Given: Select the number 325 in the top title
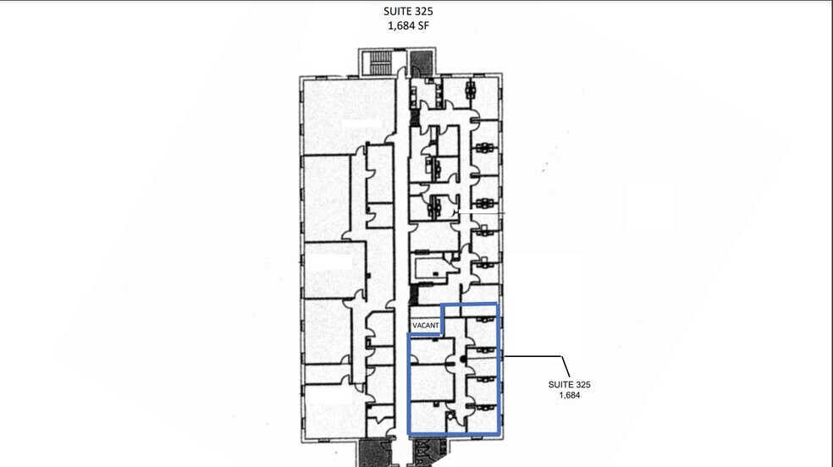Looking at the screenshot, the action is pyautogui.click(x=424, y=11).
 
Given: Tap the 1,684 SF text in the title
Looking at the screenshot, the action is pyautogui.click(x=408, y=25).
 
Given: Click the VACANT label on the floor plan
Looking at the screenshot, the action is pyautogui.click(x=426, y=326).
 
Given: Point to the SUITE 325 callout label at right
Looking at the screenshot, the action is pyautogui.click(x=569, y=385).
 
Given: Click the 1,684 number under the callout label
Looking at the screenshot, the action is pyautogui.click(x=570, y=395).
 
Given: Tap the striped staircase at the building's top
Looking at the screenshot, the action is pyautogui.click(x=378, y=63).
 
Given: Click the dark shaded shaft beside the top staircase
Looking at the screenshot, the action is pyautogui.click(x=422, y=63).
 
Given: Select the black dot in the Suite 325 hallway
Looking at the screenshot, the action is pyautogui.click(x=463, y=360).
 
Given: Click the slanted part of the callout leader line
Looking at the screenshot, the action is pyautogui.click(x=565, y=366).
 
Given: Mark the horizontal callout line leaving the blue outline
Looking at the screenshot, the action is pyautogui.click(x=532, y=356).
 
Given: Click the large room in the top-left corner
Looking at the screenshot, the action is pyautogui.click(x=349, y=116).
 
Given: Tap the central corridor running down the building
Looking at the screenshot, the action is pyautogui.click(x=401, y=255).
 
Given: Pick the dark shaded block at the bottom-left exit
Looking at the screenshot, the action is pyautogui.click(x=374, y=453).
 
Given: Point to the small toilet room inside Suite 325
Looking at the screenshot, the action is pyautogui.click(x=455, y=420).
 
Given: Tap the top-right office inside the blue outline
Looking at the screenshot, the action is pyautogui.click(x=482, y=331).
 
